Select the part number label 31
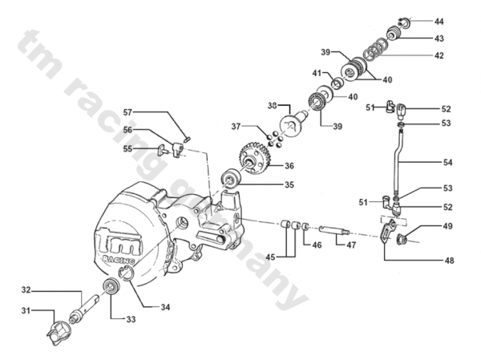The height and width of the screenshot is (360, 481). coord(26,310)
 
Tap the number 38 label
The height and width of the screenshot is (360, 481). coord(272,106)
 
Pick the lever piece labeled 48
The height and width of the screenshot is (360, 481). coord(388,233)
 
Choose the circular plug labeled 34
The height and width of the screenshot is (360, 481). coord(125,275)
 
